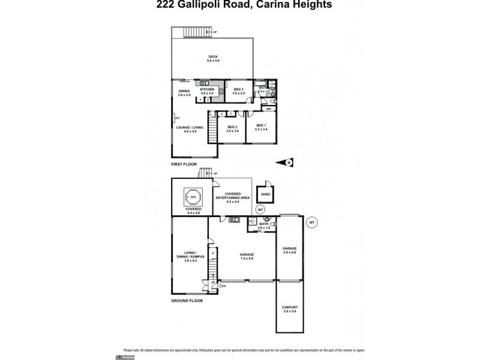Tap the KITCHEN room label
pyautogui.click(x=207, y=89)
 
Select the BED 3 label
pyautogui.click(x=239, y=89)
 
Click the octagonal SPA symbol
pyautogui.click(x=193, y=196)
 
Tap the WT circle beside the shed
pyautogui.click(x=260, y=209)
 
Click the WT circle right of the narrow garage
pyautogui.click(x=311, y=222)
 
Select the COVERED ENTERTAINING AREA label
pyautogui.click(x=233, y=196)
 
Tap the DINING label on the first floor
pyautogui.click(x=184, y=91)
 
